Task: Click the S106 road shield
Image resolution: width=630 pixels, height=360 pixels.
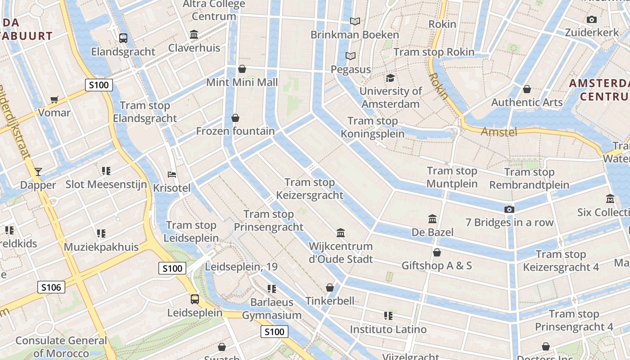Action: tap(51, 287)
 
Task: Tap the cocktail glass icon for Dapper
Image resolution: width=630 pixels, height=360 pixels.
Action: tap(38, 171)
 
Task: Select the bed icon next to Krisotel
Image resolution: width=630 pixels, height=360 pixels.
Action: tap(171, 174)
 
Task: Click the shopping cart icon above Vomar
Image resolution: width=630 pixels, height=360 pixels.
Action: tap(54, 99)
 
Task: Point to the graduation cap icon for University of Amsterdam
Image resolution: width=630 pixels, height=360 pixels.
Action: tap(390, 78)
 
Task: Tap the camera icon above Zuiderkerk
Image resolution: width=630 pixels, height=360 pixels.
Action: tap(592, 19)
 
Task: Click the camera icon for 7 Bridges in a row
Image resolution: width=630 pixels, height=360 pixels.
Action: tap(509, 209)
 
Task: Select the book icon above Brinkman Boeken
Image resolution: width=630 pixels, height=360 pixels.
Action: tap(355, 21)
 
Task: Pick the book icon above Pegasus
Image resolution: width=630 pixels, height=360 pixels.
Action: tap(351, 56)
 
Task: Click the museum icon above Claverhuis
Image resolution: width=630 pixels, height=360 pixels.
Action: tap(194, 35)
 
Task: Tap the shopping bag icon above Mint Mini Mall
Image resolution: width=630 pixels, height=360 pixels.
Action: tap(242, 69)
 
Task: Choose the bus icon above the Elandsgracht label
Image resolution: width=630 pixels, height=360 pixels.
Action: tap(123, 38)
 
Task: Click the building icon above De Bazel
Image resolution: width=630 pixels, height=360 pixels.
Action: tap(432, 219)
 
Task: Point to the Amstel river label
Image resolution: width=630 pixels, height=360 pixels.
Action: tap(499, 132)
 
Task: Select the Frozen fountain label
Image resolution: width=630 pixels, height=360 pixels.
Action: tap(235, 131)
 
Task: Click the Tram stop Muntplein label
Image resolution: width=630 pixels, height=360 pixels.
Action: tap(452, 177)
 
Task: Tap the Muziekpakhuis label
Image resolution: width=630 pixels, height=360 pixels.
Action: tap(101, 247)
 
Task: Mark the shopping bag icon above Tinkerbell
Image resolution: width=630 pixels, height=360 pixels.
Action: tap(330, 288)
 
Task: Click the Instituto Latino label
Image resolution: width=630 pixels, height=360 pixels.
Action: tap(388, 329)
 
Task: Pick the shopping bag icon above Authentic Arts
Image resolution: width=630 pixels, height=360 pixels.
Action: tap(527, 89)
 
